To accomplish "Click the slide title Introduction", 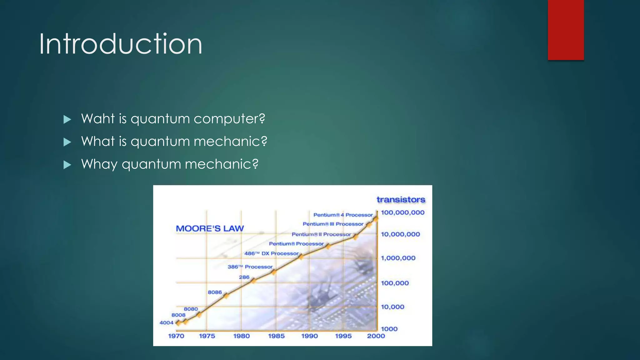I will pos(121,44).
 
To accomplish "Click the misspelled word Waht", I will pos(98,119).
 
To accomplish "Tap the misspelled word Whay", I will pos(99,164).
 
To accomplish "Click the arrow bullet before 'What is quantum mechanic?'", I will pos(67,142).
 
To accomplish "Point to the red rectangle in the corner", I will pos(566,30).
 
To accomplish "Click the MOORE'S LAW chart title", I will pos(210,228).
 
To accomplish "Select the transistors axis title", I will pos(401,200).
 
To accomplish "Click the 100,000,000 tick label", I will pos(402,212).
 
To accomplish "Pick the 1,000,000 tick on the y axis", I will pos(398,258).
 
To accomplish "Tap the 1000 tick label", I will pos(389,329).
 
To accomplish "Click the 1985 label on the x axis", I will pos(276,336).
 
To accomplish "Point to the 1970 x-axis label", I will pos(176,336).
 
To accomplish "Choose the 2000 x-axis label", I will pos(376,336).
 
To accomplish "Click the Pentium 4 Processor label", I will pos(343,215).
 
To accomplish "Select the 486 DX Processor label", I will pos(271,253).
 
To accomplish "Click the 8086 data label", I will pos(215,292).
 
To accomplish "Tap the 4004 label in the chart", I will pos(166,322).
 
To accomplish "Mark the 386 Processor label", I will pos(250,267).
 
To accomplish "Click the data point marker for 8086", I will pos(226,295).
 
